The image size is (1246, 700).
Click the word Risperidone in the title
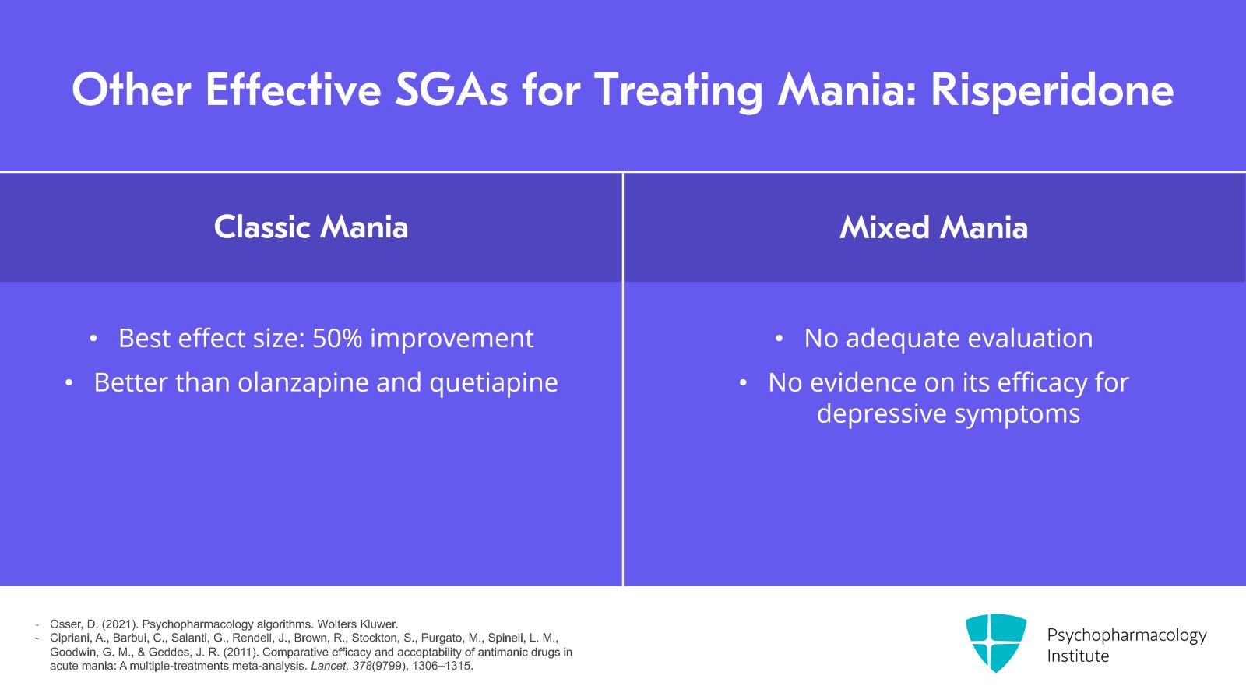[x=1051, y=90]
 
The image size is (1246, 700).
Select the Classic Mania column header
[x=311, y=227]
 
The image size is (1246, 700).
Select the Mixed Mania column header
[x=934, y=227]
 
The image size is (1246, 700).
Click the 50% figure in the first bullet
[x=337, y=339]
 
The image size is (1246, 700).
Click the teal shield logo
[x=995, y=642]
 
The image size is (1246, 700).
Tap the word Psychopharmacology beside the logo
[x=1126, y=635]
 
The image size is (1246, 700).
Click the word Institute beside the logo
[x=1078, y=656]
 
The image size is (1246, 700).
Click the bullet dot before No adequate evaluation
[x=779, y=339]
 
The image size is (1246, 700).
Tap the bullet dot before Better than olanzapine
[x=69, y=383]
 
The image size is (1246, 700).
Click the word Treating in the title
[x=678, y=90]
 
